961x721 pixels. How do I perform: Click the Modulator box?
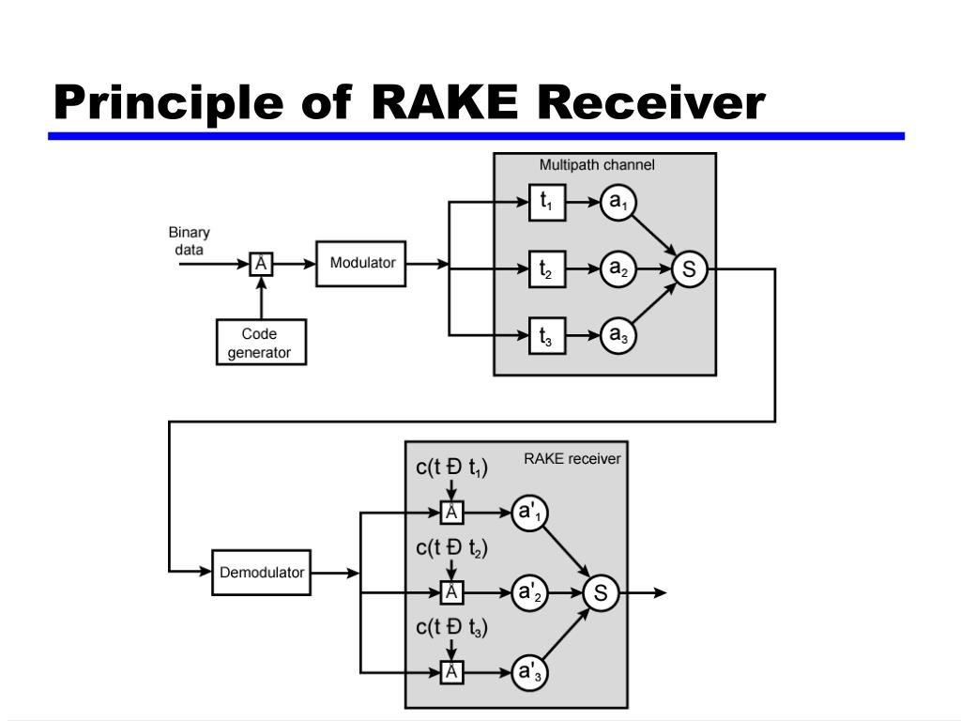pos(361,264)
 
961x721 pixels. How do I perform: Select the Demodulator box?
pos(261,573)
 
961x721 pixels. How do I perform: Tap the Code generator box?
pos(261,342)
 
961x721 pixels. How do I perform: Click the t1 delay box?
pos(547,203)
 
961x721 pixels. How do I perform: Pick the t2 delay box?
pos(547,269)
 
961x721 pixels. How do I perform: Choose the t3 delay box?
pos(547,336)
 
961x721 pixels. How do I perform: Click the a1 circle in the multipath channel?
pos(618,203)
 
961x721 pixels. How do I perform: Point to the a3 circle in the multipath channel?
pos(618,336)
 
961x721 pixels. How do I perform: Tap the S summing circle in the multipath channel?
pos(690,269)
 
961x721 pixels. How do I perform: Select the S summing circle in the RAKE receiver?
pos(601,593)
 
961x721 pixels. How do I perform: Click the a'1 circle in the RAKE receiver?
pos(529,513)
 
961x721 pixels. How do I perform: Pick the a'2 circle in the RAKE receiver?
pos(529,593)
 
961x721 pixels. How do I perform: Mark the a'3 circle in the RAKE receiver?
pos(529,672)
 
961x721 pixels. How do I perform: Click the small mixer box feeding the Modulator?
pos(261,264)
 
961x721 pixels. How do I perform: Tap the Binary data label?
pos(189,241)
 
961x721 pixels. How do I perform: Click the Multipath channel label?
pos(597,165)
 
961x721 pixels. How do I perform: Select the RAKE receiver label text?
pos(572,458)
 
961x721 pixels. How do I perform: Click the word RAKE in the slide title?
pos(445,101)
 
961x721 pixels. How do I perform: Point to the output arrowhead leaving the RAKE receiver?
pos(660,593)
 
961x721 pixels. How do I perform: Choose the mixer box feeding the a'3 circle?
pos(451,672)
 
